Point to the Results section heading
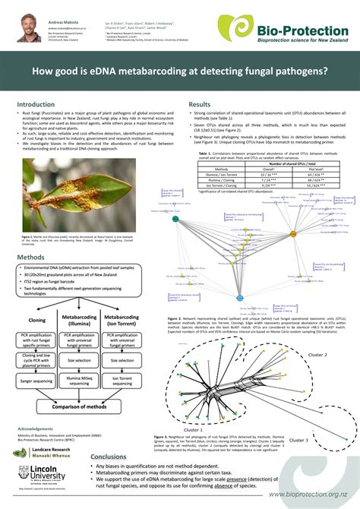200,104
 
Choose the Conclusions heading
109,457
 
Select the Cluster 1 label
193,429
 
